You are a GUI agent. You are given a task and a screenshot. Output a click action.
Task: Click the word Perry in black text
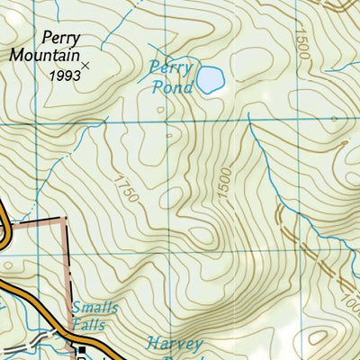(x=61, y=39)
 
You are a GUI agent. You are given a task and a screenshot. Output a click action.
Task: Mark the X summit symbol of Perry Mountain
(x=86, y=65)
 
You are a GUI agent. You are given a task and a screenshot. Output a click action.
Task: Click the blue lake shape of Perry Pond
(x=209, y=80)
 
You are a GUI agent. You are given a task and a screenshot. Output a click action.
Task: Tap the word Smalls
(x=94, y=308)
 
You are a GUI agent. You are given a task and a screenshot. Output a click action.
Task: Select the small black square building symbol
(x=81, y=352)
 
